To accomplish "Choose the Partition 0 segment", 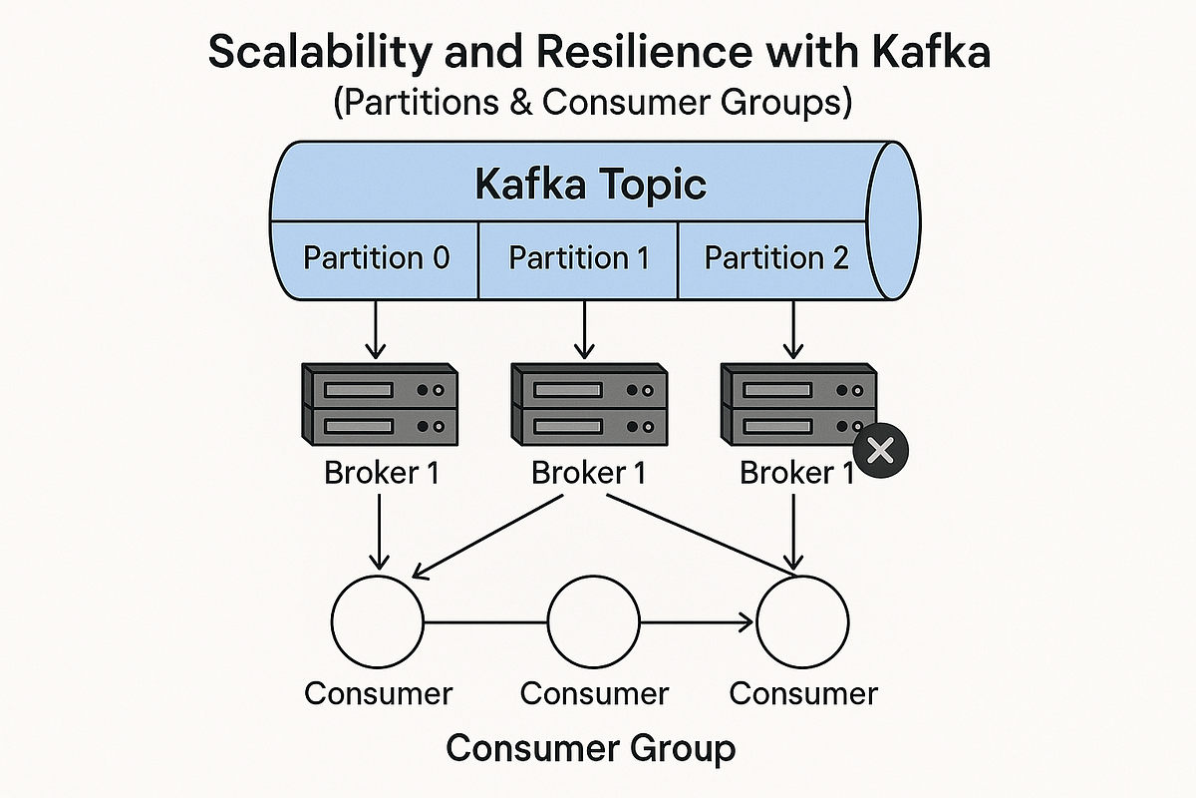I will pyautogui.click(x=376, y=258).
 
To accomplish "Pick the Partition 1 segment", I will pyautogui.click(x=579, y=258).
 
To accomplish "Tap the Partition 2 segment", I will pyautogui.click(x=776, y=258).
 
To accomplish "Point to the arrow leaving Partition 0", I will pyautogui.click(x=376, y=329).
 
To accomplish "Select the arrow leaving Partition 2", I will pyautogui.click(x=793, y=329).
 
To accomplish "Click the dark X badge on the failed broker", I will pyautogui.click(x=880, y=450).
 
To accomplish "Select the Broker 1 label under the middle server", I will pyautogui.click(x=588, y=473).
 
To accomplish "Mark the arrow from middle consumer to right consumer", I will pyautogui.click(x=698, y=624).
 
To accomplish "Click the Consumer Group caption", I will pyautogui.click(x=590, y=747).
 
